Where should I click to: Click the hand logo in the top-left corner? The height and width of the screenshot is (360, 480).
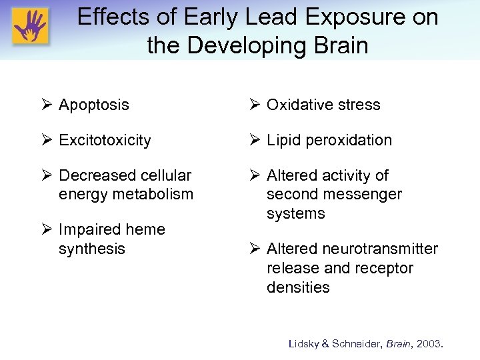29,27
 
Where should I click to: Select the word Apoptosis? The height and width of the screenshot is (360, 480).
94,105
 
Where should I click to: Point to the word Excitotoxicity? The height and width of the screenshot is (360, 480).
105,140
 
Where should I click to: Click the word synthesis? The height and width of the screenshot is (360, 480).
92,249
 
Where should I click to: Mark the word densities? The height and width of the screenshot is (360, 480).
298,287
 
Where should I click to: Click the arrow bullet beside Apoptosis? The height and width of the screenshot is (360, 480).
47,105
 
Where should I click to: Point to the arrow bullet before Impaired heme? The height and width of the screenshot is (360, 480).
47,229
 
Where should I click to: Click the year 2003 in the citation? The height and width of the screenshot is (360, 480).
431,344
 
